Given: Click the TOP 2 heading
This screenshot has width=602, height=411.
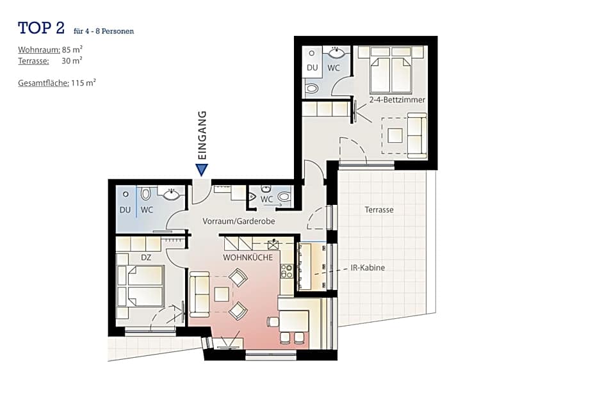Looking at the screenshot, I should coord(42,28).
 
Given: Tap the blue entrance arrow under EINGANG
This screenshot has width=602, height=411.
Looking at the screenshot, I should coord(202,170).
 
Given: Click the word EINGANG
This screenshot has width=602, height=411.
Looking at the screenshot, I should coord(202,135).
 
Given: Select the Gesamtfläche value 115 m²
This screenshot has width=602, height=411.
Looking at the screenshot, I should coord(83,83).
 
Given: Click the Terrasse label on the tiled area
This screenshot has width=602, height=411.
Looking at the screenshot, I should coord(379,209).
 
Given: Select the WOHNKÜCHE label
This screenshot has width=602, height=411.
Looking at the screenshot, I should coord(248,257).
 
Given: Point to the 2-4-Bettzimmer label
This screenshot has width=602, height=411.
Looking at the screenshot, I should coord(397,100).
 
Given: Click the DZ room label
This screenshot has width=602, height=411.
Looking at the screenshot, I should coord(146,257).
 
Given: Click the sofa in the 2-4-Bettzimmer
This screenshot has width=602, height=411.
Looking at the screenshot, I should coord(416,135).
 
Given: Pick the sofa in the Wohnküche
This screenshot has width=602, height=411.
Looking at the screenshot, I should coord(199,294).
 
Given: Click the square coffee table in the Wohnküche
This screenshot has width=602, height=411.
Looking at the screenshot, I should coord(222,294).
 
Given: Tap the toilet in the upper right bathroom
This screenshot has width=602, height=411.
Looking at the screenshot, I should coord(312,88).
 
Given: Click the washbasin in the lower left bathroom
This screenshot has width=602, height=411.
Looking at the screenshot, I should coord(171,195).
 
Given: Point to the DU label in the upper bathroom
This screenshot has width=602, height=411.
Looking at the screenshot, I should coord(312,67).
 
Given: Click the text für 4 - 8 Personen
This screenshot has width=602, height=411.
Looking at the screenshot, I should coord(104,31).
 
